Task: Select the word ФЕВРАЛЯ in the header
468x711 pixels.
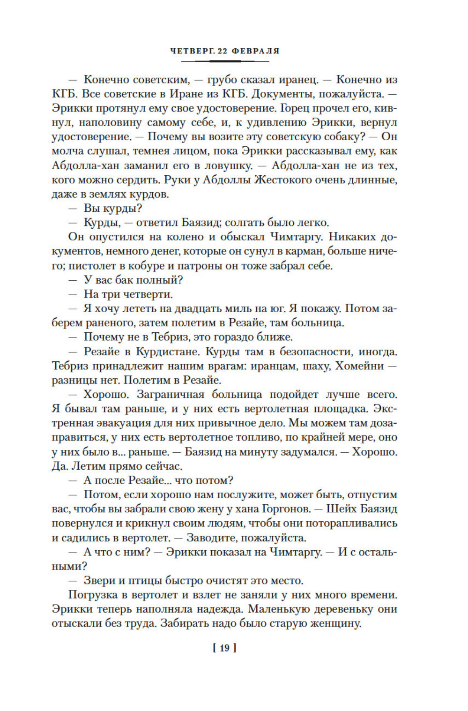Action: click(x=256, y=51)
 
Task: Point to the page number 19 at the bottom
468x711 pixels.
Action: click(x=224, y=648)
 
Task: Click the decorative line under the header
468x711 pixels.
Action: click(x=224, y=61)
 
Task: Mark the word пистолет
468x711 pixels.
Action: click(x=91, y=266)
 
